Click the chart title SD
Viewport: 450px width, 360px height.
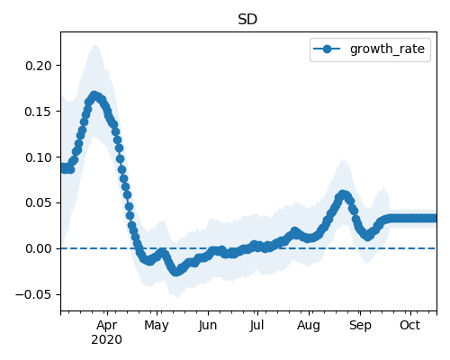click(247, 20)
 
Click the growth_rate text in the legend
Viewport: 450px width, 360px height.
click(387, 49)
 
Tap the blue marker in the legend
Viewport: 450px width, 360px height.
click(327, 49)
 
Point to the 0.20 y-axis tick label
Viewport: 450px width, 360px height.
click(39, 66)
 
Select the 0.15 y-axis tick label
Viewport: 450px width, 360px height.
click(39, 112)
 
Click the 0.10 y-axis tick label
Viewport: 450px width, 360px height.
click(39, 157)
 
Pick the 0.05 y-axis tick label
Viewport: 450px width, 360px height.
click(39, 203)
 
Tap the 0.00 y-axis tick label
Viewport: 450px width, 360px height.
click(39, 249)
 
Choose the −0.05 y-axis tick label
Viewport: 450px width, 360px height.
click(34, 295)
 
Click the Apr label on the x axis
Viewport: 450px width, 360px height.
click(107, 326)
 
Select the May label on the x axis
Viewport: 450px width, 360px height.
click(157, 326)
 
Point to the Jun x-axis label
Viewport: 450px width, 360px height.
click(208, 326)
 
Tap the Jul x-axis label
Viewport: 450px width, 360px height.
click(256, 326)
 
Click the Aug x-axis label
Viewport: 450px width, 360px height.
click(309, 326)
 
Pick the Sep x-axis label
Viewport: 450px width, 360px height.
click(360, 326)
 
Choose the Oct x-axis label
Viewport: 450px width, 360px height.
click(409, 326)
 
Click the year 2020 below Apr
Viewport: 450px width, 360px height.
click(106, 340)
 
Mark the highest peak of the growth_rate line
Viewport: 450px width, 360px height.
click(94, 96)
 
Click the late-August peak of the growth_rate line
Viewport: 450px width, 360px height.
click(343, 194)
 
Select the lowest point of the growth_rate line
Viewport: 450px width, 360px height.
click(175, 272)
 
